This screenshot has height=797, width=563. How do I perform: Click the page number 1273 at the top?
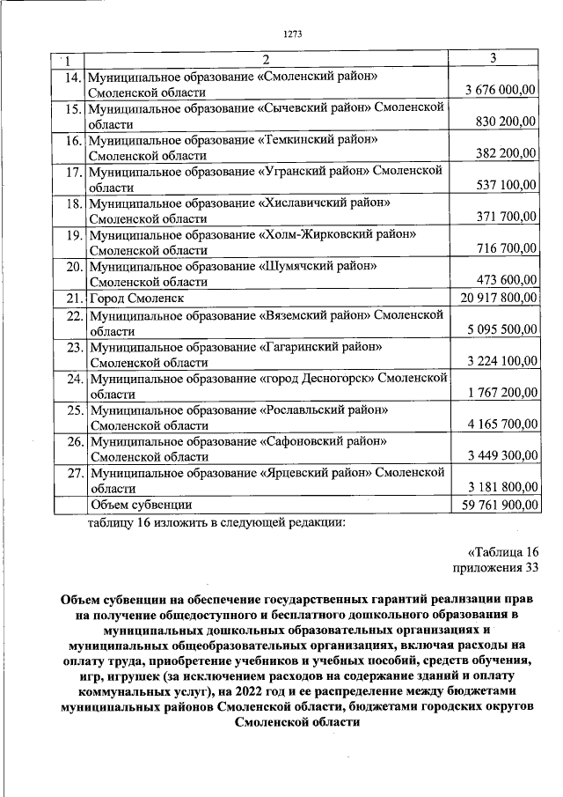[293, 34]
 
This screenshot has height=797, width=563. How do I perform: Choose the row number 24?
[69, 379]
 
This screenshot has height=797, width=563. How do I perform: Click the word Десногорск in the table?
[327, 379]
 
